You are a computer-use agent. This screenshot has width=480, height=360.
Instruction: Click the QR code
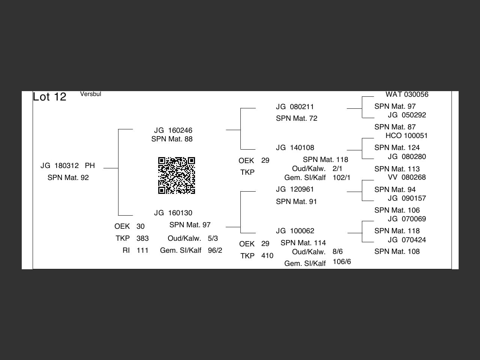pyautogui.click(x=177, y=175)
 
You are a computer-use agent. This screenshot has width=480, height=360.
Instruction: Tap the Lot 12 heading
pyautogui.click(x=49, y=97)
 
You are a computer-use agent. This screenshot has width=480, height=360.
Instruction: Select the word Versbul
pyautogui.click(x=91, y=94)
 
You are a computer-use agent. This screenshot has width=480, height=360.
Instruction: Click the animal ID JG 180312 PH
pyautogui.click(x=67, y=166)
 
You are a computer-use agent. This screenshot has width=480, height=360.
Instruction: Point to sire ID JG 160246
pyautogui.click(x=173, y=130)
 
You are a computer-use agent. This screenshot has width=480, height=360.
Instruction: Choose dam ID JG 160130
pyautogui.click(x=173, y=213)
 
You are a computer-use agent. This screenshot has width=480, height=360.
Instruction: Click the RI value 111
pyautogui.click(x=142, y=250)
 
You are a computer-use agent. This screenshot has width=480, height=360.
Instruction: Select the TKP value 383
pyautogui.click(x=142, y=238)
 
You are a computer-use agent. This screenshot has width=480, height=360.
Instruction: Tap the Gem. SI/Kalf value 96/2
pyautogui.click(x=215, y=250)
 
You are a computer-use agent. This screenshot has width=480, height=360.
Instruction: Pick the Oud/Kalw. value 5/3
pyautogui.click(x=213, y=238)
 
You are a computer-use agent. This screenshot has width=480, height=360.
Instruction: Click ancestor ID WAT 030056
pyautogui.click(x=407, y=94)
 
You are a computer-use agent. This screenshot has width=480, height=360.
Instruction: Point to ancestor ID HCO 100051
pyautogui.click(x=406, y=136)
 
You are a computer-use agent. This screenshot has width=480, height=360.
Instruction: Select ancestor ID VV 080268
pyautogui.click(x=407, y=177)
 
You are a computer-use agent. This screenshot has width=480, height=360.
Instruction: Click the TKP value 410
pyautogui.click(x=267, y=256)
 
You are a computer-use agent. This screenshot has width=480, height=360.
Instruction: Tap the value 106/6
pyautogui.click(x=342, y=262)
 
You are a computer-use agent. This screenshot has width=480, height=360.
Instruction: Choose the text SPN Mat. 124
pyautogui.click(x=397, y=148)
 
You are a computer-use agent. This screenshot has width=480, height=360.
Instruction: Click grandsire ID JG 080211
pyautogui.click(x=295, y=107)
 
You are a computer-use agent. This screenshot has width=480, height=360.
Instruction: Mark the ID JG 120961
pyautogui.click(x=295, y=189)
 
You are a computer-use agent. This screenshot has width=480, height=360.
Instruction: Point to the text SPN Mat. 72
pyautogui.click(x=297, y=118)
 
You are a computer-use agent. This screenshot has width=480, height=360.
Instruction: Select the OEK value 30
pyautogui.click(x=140, y=226)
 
